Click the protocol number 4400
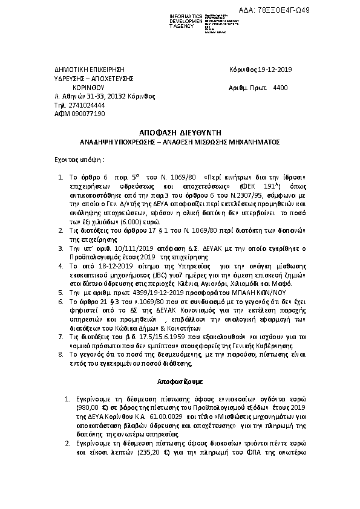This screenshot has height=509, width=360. click(x=281, y=88)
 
